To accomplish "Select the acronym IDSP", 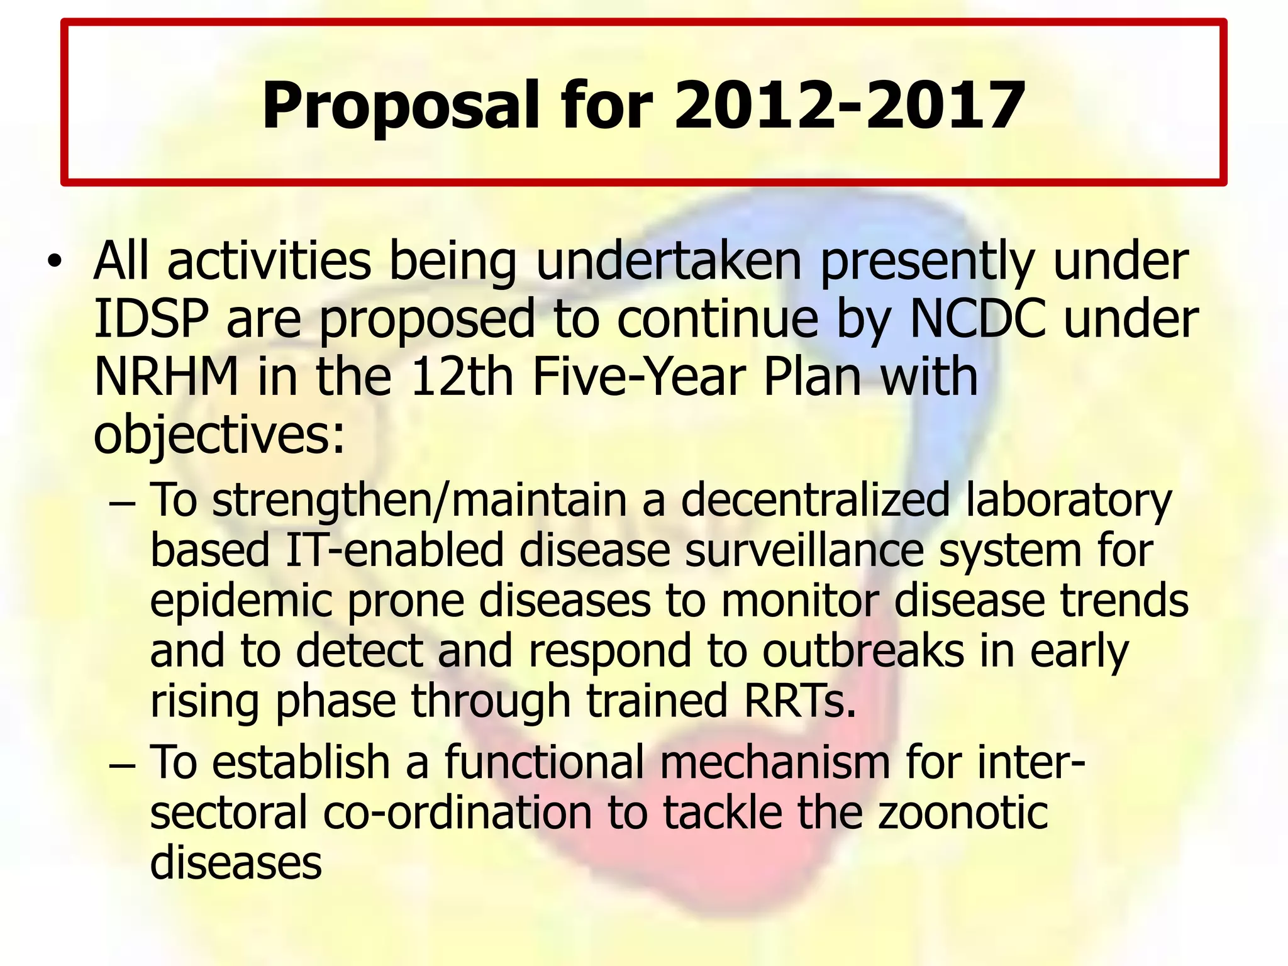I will [x=150, y=319].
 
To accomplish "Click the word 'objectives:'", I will [x=219, y=435].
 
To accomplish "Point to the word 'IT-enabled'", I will [x=394, y=550].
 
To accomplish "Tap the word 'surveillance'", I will [x=804, y=550].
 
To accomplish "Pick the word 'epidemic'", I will [x=241, y=601].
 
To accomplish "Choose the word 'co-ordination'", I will [x=458, y=812].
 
